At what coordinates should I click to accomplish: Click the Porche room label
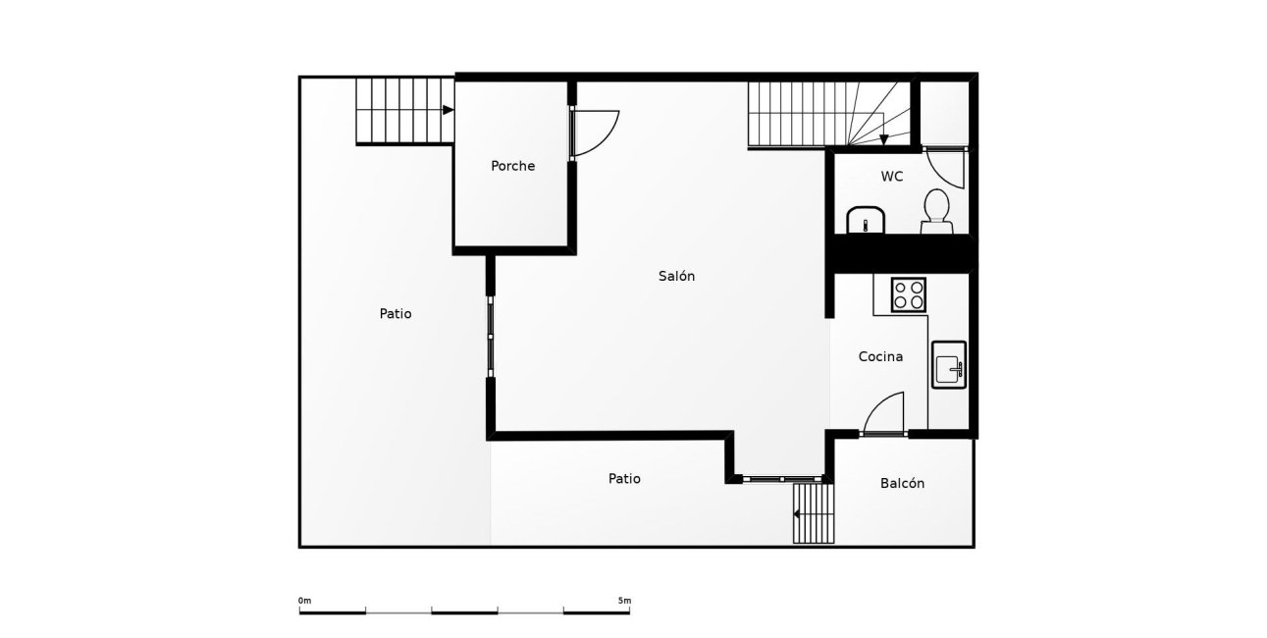512,166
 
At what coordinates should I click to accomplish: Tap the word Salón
676,276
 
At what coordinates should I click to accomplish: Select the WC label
892,177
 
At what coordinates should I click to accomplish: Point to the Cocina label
880,356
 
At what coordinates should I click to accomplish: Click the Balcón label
902,483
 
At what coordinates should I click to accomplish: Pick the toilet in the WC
936,211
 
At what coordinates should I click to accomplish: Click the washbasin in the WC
866,220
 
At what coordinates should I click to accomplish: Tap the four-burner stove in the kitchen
909,294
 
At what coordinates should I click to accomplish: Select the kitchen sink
949,364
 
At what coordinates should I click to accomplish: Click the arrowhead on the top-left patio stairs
448,110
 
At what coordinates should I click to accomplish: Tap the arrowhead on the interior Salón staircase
883,139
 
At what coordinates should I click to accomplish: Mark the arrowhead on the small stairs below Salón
796,514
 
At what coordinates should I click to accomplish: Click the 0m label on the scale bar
304,601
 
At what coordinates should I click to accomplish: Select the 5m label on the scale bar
624,601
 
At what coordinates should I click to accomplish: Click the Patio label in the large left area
396,313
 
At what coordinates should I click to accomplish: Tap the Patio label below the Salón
624,479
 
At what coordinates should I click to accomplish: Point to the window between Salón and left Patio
491,337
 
